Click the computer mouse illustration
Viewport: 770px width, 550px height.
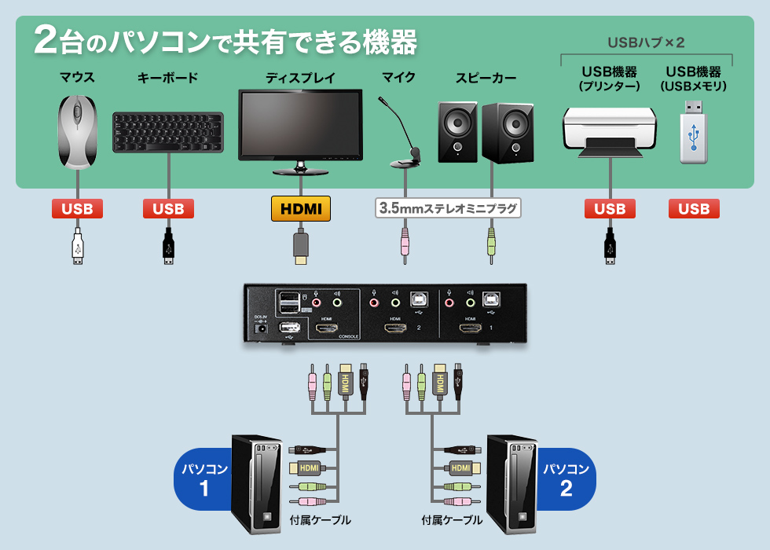tap(77, 132)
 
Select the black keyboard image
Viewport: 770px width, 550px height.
tap(167, 132)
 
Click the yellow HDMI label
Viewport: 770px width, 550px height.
tap(301, 208)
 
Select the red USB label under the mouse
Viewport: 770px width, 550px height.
tap(77, 209)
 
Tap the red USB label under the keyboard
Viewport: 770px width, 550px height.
tap(168, 209)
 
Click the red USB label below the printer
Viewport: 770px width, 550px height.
tap(610, 209)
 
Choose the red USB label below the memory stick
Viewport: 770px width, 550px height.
tap(694, 209)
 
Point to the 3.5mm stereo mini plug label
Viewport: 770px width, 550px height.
tap(448, 209)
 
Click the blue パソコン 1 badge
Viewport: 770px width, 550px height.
tap(203, 479)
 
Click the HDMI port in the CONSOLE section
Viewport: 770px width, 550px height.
tap(325, 329)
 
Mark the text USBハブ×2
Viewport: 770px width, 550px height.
tap(646, 42)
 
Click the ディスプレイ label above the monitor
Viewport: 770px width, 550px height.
tap(300, 78)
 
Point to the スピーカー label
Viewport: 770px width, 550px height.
tap(486, 78)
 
